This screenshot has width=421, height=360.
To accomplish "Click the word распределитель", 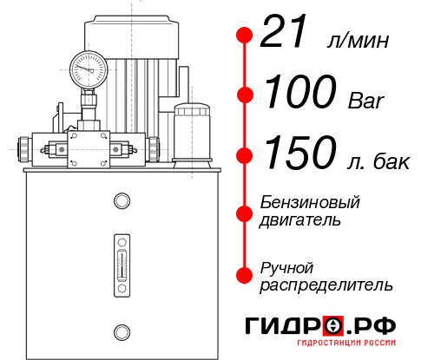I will (x=326, y=285).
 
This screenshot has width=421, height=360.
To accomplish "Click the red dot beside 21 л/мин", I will (x=245, y=35).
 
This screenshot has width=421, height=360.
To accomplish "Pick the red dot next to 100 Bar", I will (x=245, y=95).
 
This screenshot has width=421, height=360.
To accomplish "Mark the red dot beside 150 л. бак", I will (x=245, y=154).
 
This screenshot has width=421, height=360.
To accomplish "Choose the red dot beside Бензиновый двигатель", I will (x=245, y=213).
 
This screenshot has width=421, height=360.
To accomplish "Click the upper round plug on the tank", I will (x=121, y=201).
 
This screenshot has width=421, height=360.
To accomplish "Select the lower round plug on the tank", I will (x=121, y=330).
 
